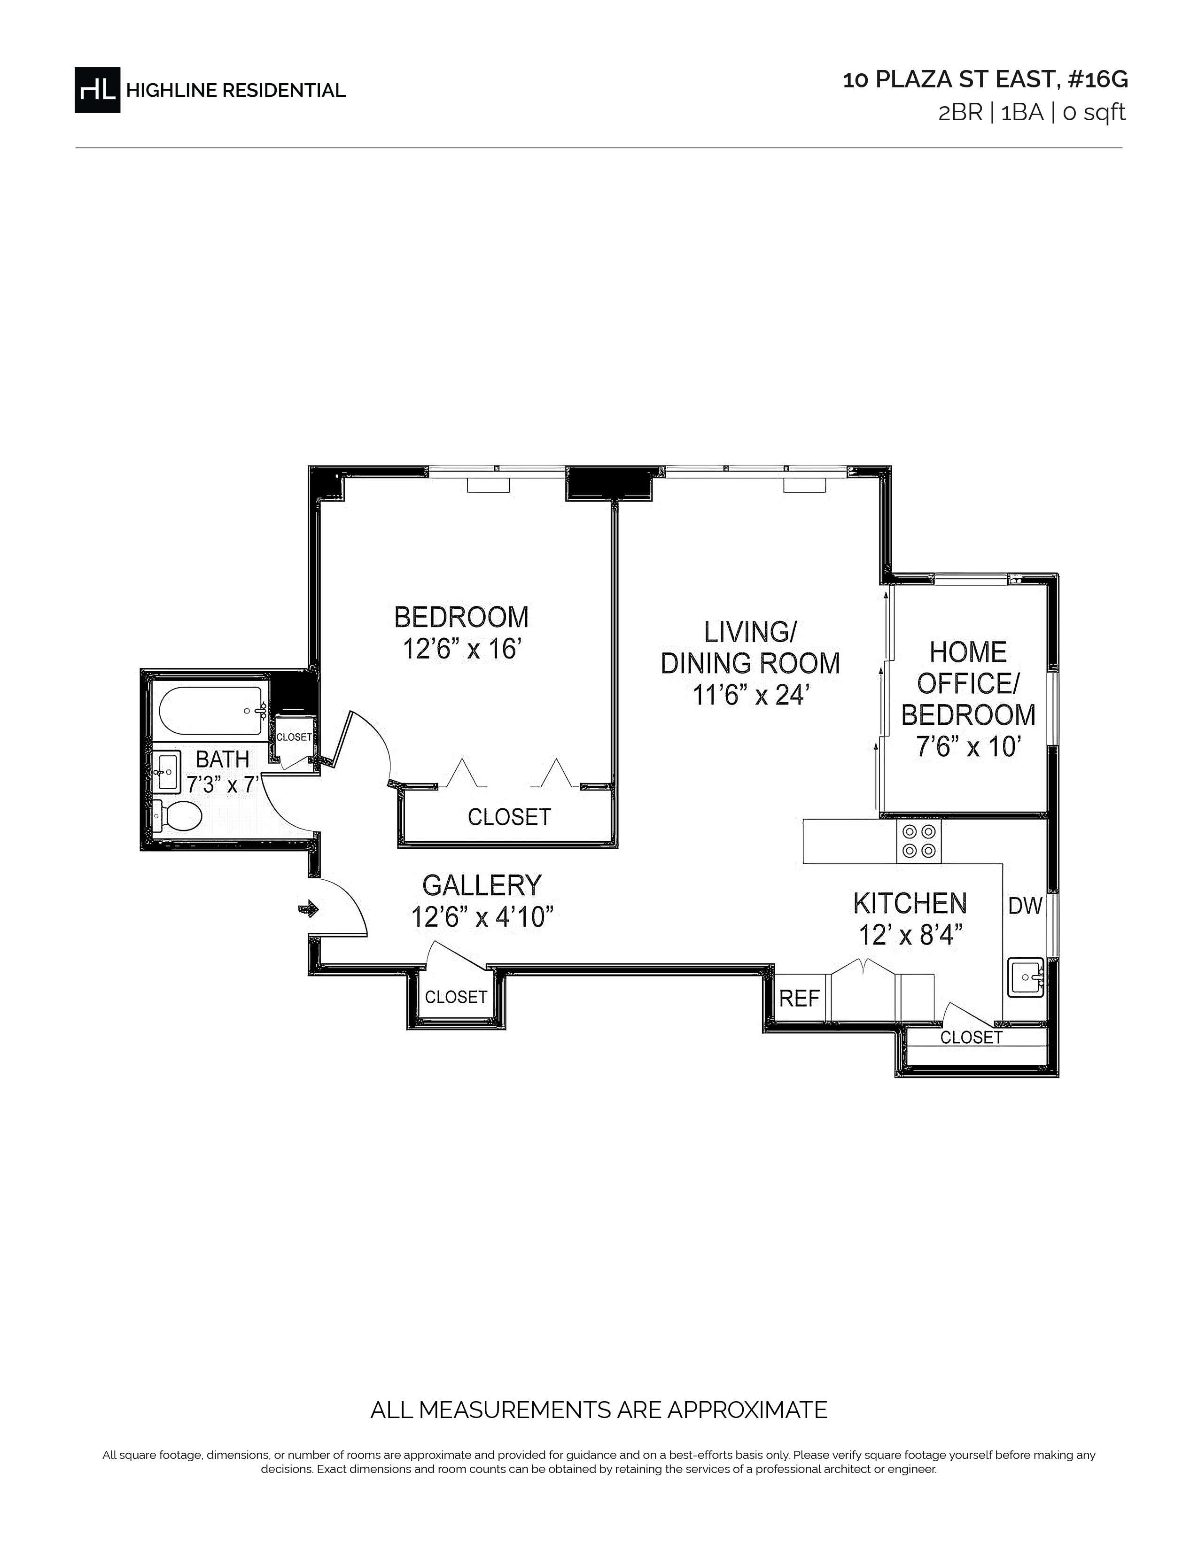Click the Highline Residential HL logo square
(97, 89)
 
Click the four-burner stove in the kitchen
(919, 841)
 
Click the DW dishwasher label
(1026, 906)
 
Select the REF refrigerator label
(799, 999)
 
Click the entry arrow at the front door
(310, 908)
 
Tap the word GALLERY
(482, 885)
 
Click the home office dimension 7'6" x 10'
(968, 747)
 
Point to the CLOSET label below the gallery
(456, 997)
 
